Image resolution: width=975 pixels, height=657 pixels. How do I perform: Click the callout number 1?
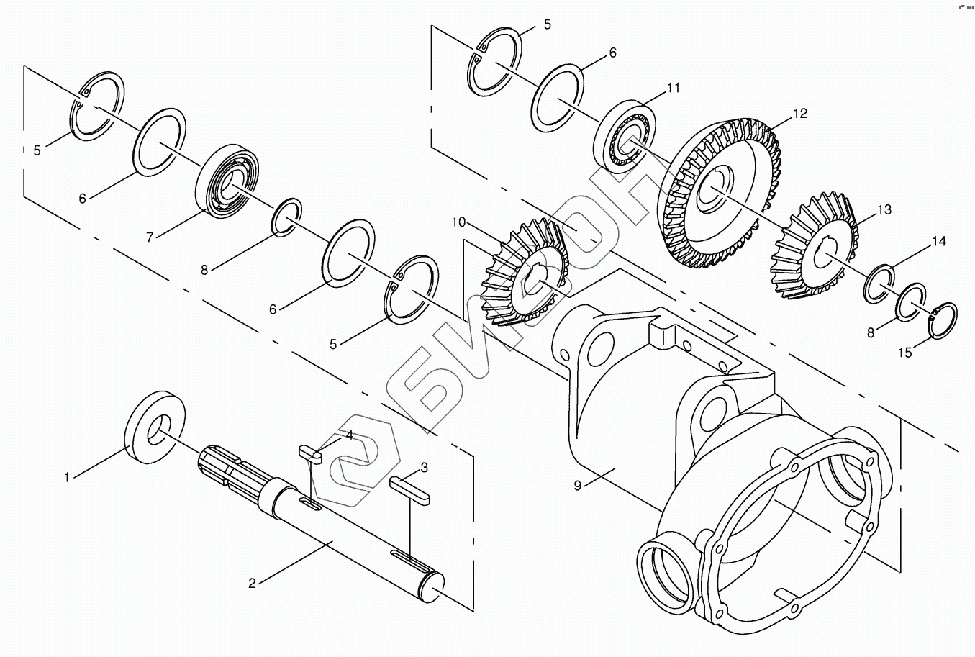pyautogui.click(x=67, y=476)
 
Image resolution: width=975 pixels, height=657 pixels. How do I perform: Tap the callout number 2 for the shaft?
pyautogui.click(x=252, y=583)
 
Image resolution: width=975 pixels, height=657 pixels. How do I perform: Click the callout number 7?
pyautogui.click(x=150, y=235)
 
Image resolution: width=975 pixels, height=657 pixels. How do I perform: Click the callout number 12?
pyautogui.click(x=799, y=114)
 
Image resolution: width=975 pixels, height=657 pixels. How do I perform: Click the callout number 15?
pyautogui.click(x=904, y=352)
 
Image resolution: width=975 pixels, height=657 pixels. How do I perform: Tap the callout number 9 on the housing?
pyautogui.click(x=577, y=485)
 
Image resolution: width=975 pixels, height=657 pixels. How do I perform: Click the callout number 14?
pyautogui.click(x=939, y=241)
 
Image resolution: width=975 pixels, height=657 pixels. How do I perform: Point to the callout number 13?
pyautogui.click(x=884, y=209)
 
